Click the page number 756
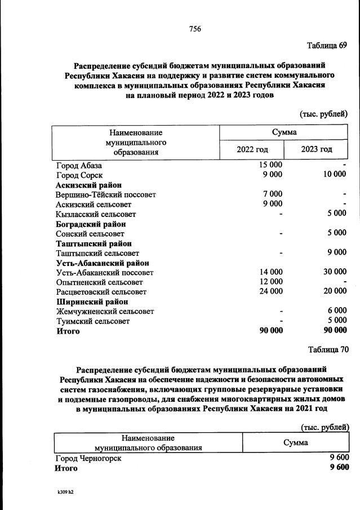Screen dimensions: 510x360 coord(195,29)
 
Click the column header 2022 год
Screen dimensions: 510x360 coord(252,149)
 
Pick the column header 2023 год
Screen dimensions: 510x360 coord(316,149)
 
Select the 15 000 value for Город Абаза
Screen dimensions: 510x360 coord(270,165)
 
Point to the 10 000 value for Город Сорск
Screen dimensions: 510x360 coord(335,175)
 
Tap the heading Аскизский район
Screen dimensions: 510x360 coord(88,185)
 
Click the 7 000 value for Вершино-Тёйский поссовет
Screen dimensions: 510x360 coord(273,194)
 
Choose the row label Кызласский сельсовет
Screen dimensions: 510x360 coord(96,214)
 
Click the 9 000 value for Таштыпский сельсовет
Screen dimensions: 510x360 coord(337,253)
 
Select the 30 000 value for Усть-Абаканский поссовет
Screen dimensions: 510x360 coord(335,272)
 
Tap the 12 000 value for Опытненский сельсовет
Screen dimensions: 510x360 coord(270,282)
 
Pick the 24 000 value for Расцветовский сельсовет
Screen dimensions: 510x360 coord(270,291)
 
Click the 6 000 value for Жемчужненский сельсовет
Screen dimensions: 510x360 coord(337,311)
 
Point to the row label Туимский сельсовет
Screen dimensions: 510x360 coord(92,321)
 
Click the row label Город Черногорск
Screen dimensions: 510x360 coord(88,459)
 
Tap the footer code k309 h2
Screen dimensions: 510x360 coord(62,492)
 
